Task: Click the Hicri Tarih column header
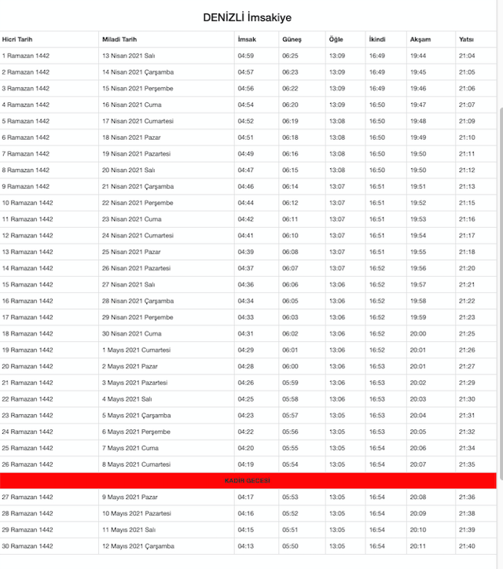[17, 39]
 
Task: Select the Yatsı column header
[466, 39]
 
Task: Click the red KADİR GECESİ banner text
[248, 480]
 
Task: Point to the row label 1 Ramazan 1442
[25, 56]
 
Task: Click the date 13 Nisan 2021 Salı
[130, 56]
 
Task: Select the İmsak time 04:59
[245, 56]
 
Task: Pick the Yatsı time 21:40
[467, 546]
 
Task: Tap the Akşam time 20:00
[418, 333]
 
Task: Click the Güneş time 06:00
[290, 366]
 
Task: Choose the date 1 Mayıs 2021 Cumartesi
[135, 350]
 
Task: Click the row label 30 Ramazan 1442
[27, 546]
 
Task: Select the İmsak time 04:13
[245, 546]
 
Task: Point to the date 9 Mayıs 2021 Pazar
[130, 497]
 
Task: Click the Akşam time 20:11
[418, 546]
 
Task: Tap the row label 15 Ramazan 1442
[27, 284]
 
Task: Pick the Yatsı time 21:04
[467, 56]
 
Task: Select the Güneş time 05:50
[290, 546]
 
